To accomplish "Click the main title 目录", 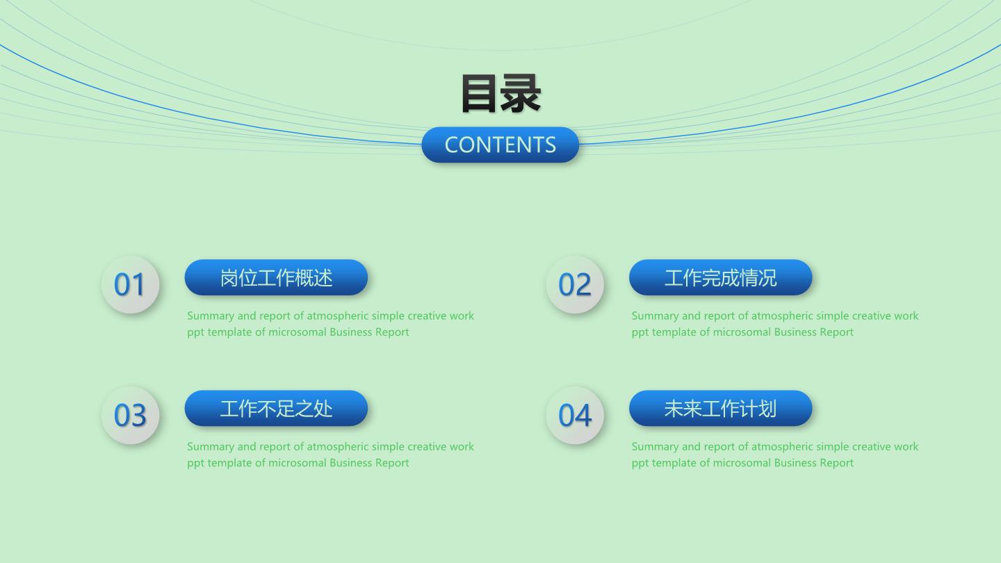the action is point(500,93).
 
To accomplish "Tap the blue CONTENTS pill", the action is point(500,145).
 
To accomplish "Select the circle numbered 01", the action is point(130,284).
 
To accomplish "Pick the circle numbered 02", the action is point(575,284).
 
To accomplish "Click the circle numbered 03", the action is point(130,415).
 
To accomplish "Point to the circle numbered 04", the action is point(575,415).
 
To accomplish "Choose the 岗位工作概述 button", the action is point(276,277).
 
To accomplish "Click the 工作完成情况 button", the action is point(720,277).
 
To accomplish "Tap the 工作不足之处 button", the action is point(276,409).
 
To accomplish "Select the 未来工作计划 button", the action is point(720,409).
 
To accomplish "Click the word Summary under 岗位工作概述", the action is point(211,316).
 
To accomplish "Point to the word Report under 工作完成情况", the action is point(836,332).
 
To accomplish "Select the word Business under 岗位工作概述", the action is point(350,332).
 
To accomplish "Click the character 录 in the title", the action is point(521,93).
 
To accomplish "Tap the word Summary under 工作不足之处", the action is point(211,448).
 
